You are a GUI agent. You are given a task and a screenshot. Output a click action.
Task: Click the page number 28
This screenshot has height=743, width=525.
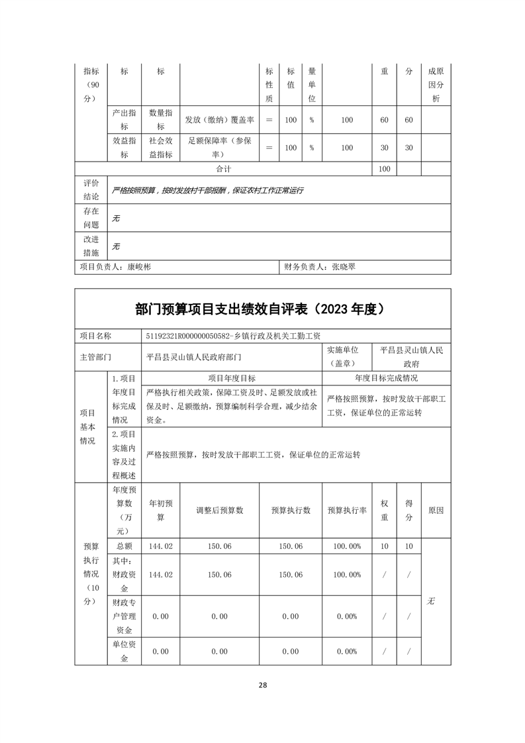(x=263, y=685)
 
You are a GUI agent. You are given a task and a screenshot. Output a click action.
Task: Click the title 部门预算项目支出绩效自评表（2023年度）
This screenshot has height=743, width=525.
(x=263, y=309)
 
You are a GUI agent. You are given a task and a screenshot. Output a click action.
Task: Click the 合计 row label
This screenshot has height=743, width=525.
(x=223, y=169)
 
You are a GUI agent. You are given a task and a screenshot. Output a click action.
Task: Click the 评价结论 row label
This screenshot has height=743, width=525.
(x=91, y=189)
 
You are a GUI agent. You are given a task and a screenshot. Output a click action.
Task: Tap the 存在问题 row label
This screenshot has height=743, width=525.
(x=91, y=218)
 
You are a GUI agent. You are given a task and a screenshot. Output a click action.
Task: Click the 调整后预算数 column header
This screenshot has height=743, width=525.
(x=219, y=511)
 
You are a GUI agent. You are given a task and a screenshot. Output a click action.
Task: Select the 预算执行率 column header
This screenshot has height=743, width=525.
(x=347, y=511)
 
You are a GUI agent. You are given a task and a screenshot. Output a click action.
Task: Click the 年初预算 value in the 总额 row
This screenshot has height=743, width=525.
(x=161, y=546)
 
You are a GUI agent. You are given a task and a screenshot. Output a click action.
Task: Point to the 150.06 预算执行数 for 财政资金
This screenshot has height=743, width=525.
(x=291, y=575)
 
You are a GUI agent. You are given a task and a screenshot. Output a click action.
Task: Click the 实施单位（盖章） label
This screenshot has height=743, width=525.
(x=347, y=356)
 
